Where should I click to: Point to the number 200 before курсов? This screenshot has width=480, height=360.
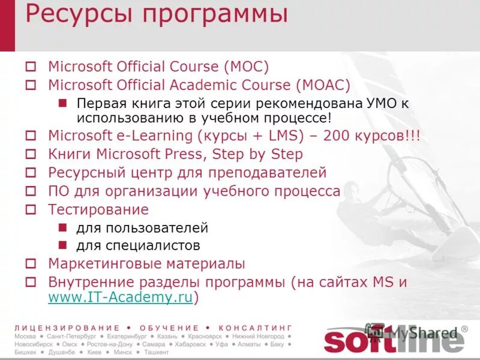(336, 136)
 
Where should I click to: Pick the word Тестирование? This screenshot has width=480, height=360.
(98, 209)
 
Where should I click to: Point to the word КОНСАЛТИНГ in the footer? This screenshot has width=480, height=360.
(255, 328)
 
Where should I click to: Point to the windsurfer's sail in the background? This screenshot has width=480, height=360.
(420, 180)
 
